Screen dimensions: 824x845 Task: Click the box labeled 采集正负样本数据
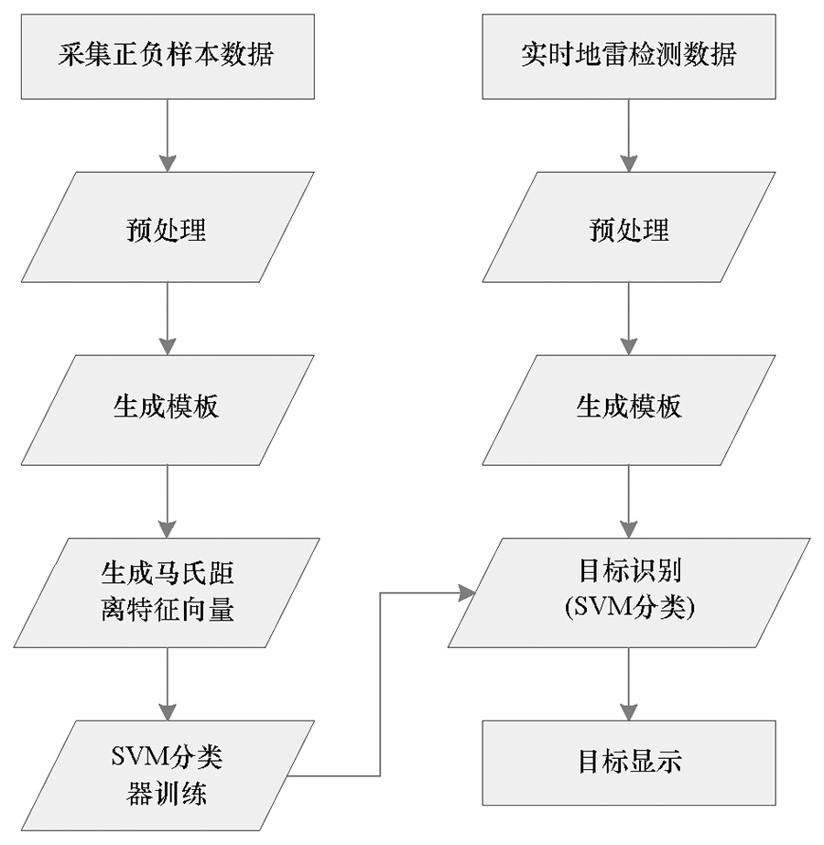coord(168,57)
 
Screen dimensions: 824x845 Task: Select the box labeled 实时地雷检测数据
coord(629,57)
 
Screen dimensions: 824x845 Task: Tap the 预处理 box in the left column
coord(168,227)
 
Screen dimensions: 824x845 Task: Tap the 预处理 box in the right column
coord(629,227)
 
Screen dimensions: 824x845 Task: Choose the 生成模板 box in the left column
coord(168,410)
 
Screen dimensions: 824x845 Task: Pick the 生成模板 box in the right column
coord(629,410)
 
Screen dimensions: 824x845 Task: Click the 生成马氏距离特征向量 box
coord(167,593)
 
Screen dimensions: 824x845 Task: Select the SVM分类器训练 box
coord(168,775)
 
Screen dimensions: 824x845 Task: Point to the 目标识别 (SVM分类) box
coord(629,593)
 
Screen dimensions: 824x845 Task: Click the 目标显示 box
coord(629,763)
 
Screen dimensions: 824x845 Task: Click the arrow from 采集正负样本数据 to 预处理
coord(168,135)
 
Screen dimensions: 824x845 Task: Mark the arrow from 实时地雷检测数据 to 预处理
coord(629,135)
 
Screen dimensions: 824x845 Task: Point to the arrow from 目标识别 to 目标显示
coord(629,685)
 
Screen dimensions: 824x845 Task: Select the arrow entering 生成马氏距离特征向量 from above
coord(168,502)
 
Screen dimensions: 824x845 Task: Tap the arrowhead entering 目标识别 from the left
coord(467,593)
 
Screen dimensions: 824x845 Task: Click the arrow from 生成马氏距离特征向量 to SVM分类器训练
coord(168,685)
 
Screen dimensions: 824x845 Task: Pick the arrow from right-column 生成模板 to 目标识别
coord(629,502)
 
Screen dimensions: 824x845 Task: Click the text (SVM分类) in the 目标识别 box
coord(630,609)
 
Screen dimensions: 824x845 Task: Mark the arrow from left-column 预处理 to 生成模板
coord(168,319)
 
